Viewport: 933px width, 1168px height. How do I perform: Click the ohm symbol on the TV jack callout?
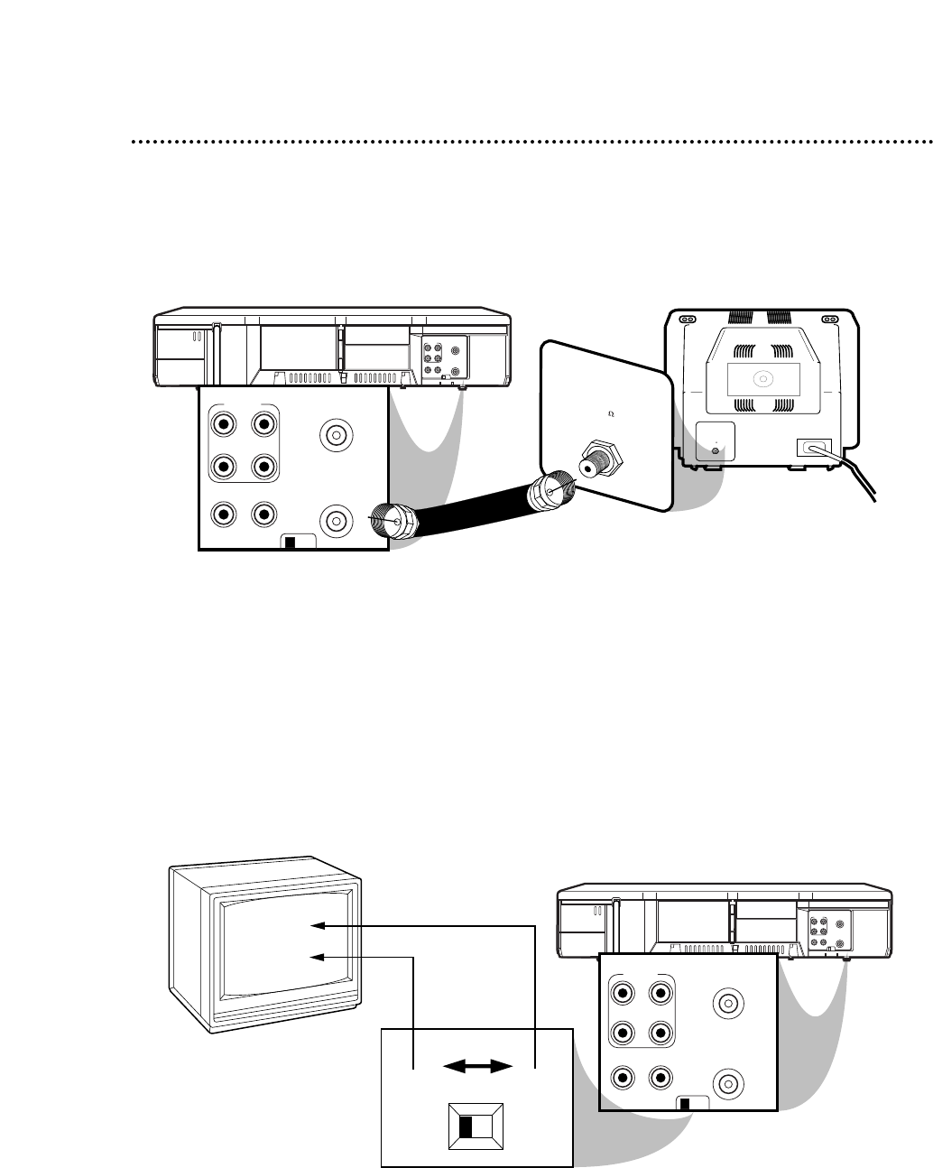tap(612, 413)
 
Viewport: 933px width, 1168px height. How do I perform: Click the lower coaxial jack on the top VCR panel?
tap(336, 521)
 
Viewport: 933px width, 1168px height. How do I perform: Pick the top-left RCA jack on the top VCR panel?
tap(220, 422)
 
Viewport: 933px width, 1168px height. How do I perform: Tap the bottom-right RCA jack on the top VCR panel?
tap(263, 514)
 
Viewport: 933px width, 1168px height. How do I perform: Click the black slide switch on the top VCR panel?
tap(290, 543)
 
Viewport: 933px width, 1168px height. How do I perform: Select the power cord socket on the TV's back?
tap(813, 447)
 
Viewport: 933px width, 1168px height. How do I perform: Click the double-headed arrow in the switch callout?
tap(476, 1067)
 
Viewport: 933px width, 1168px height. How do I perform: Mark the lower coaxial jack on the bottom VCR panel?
tap(726, 1082)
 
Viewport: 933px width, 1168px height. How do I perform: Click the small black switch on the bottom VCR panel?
tap(685, 1104)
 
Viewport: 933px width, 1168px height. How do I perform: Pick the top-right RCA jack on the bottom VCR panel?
tap(660, 994)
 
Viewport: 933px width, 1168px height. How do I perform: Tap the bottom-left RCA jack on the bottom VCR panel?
tap(620, 1077)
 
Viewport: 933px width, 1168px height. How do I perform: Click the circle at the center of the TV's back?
tap(762, 378)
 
